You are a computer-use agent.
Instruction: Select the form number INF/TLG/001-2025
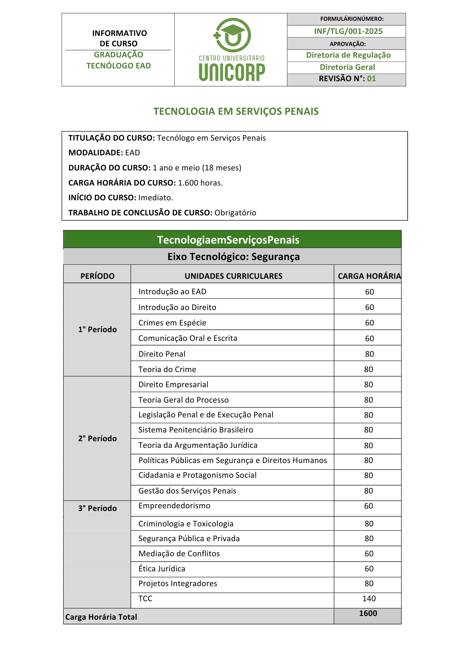point(348,31)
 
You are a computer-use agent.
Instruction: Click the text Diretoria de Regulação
point(348,55)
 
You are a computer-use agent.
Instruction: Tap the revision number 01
point(371,79)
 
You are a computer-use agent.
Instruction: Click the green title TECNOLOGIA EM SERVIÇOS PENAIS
point(236,111)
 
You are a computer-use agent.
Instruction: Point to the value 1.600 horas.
point(200,183)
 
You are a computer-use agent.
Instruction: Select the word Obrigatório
point(235,213)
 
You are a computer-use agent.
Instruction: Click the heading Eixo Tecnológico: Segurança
point(233,257)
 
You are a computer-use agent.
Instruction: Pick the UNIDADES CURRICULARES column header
point(233,276)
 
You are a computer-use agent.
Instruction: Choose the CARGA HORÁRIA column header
point(369,276)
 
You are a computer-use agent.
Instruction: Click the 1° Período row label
point(98,329)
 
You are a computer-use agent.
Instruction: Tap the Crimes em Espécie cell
point(172,323)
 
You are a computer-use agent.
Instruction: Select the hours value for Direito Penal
point(369,354)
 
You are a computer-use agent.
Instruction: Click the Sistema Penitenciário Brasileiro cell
point(196,430)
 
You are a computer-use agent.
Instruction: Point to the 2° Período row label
point(98,438)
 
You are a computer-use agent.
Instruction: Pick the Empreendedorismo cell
point(174,506)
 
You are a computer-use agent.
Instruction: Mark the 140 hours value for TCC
point(369,599)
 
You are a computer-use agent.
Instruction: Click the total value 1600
point(368,613)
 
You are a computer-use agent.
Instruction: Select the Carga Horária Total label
point(101,617)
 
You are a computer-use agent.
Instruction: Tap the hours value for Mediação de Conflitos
point(369,554)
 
